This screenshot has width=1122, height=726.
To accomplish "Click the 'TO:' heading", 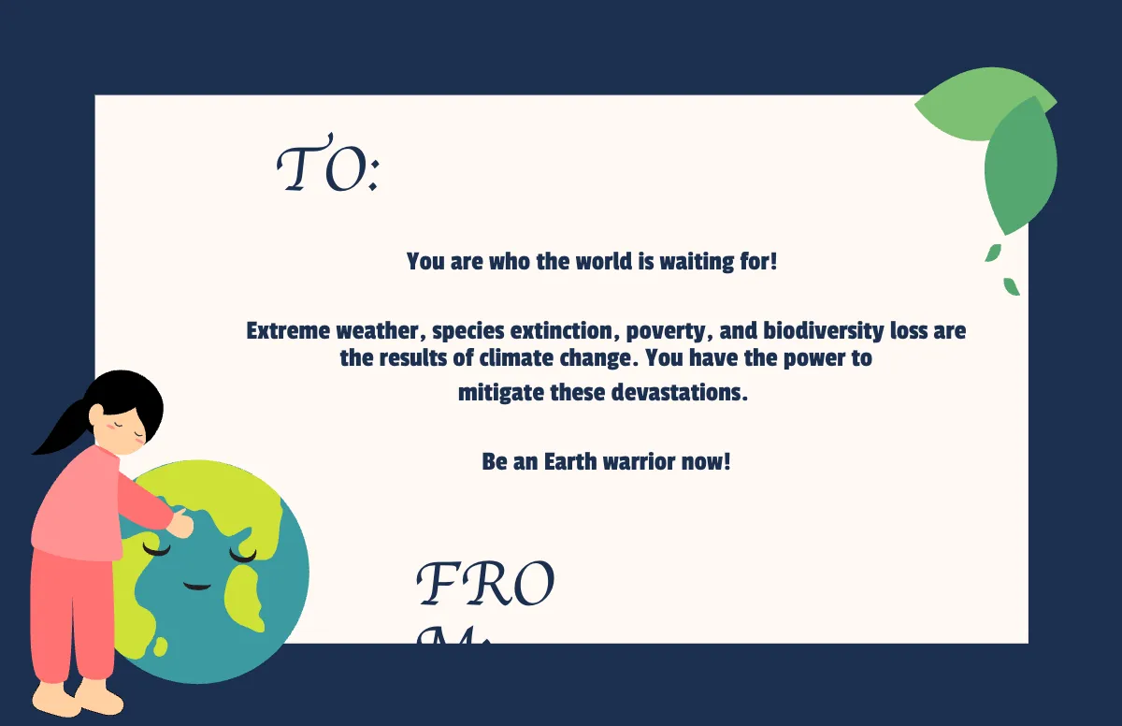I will pyautogui.click(x=327, y=169).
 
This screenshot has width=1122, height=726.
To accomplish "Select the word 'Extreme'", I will pyautogui.click(x=288, y=330).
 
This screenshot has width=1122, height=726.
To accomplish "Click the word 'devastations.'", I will pyautogui.click(x=680, y=392).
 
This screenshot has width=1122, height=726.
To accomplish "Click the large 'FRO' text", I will pyautogui.click(x=485, y=587).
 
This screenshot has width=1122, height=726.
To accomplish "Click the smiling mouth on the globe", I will pyautogui.click(x=197, y=587).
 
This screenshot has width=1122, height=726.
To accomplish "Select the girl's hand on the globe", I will pyautogui.click(x=180, y=524).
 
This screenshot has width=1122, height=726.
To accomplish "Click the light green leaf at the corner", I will pyautogui.click(x=968, y=108).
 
